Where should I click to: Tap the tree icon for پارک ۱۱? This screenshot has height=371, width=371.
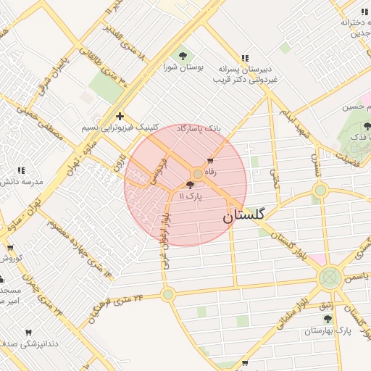(190, 185)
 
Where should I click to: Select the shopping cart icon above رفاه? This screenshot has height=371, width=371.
(211, 161)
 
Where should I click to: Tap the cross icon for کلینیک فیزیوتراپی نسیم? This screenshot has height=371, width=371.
(120, 116)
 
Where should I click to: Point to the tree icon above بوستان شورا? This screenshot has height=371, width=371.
(181, 56)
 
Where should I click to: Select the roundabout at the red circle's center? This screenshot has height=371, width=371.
(198, 174)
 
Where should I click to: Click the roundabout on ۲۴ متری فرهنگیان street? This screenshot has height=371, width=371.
(168, 294)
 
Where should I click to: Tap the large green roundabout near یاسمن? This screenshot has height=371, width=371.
(330, 276)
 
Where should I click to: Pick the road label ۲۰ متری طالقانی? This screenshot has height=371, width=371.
(105, 70)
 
